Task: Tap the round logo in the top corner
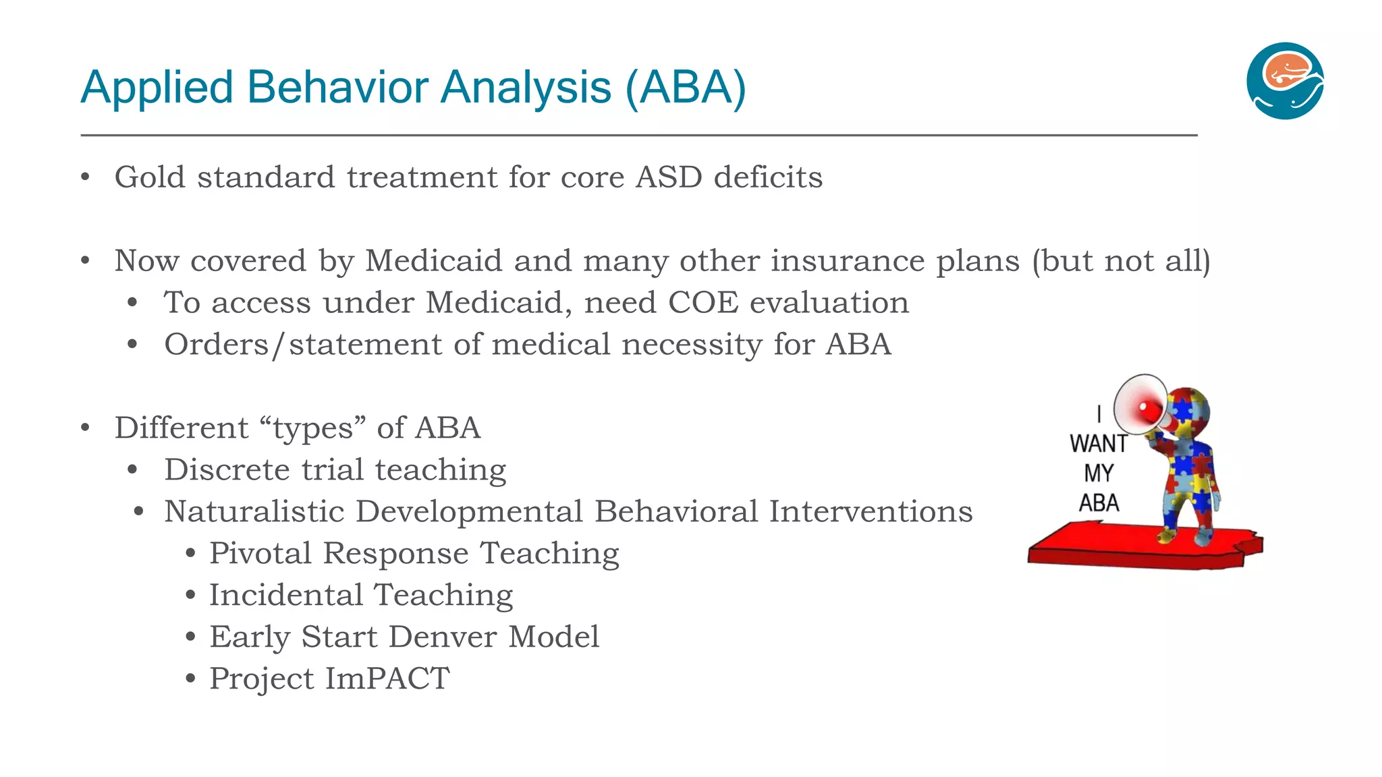[1285, 81]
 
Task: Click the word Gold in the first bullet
[150, 178]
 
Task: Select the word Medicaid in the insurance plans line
[433, 262]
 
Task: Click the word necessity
[692, 345]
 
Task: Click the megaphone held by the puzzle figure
[1141, 406]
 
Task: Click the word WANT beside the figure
[1098, 444]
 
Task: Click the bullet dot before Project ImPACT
[190, 679]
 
